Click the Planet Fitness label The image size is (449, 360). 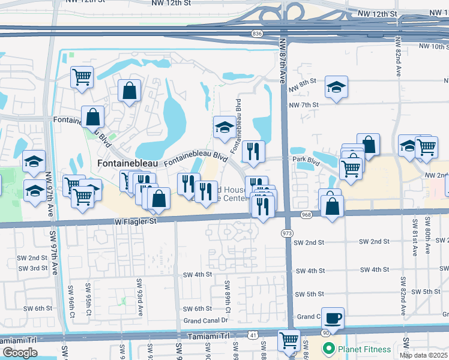click(x=364, y=349)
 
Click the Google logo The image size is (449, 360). click(x=19, y=353)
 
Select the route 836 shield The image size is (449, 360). click(x=258, y=34)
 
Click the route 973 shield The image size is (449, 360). click(x=287, y=232)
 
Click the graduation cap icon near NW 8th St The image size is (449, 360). click(x=336, y=87)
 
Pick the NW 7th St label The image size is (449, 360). click(x=303, y=104)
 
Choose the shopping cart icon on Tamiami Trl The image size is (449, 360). click(x=289, y=340)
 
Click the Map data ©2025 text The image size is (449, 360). click(x=424, y=355)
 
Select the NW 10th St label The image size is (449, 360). click(x=433, y=46)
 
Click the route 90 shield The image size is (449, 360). click(x=325, y=332)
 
